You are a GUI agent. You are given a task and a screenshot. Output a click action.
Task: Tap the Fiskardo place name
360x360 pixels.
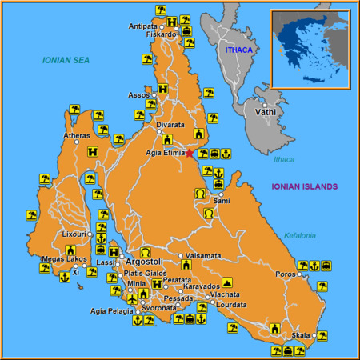click(x=161, y=34)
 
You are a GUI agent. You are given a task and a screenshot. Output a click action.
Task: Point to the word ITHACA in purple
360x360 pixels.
click(x=238, y=50)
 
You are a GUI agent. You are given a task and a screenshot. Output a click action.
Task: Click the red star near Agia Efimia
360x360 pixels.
click(x=190, y=152)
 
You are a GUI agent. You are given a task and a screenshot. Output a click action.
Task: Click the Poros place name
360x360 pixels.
click(x=286, y=274)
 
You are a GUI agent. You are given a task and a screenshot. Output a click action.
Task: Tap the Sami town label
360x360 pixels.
click(x=222, y=200)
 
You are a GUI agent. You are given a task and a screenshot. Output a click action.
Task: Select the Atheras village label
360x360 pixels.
click(x=76, y=136)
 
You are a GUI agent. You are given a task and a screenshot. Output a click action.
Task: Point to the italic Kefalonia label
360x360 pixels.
click(x=300, y=235)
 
